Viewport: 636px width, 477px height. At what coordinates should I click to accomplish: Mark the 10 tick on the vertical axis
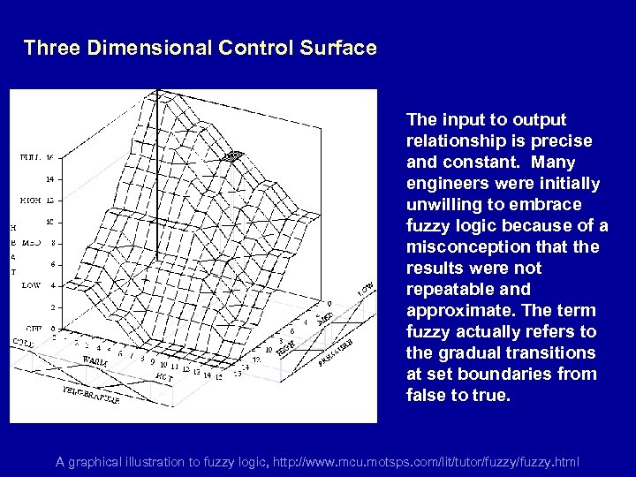tap(49, 221)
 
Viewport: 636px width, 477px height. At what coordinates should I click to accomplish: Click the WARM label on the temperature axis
tap(85, 360)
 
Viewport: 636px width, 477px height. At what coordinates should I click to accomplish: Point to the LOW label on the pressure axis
tap(364, 289)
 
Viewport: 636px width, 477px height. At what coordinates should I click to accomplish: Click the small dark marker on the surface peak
tap(232, 156)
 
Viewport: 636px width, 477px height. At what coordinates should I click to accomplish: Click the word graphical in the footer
tap(97, 461)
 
